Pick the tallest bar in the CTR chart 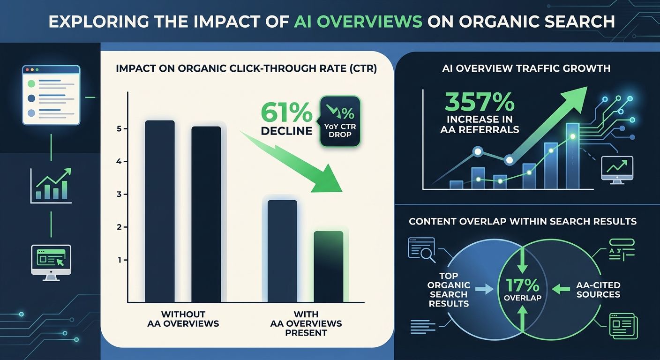160,211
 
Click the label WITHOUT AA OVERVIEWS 183,319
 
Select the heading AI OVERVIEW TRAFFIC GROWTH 526,68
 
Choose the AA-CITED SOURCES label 598,290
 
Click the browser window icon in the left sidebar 51,95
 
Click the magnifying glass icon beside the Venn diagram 422,249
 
